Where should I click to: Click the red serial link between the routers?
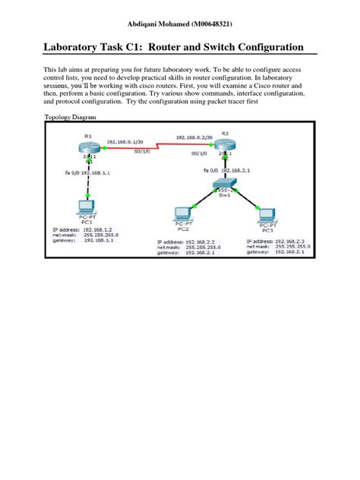coord(156,150)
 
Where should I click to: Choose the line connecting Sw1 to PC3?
coord(247,200)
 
